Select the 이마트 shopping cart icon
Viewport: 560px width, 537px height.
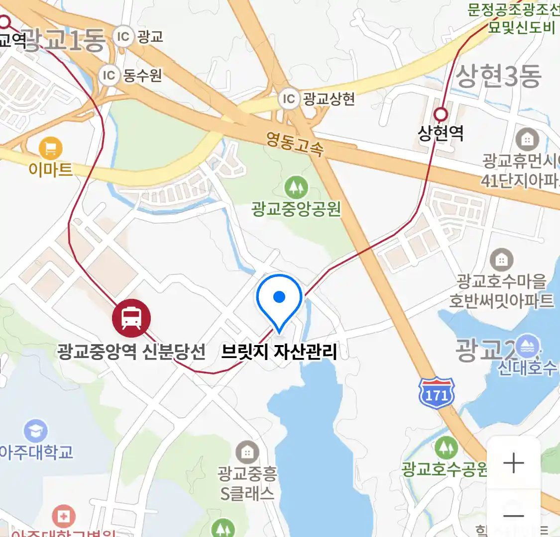(x=50, y=148)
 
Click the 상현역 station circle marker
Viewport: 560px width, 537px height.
(x=441, y=115)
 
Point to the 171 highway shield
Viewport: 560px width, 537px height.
(x=437, y=393)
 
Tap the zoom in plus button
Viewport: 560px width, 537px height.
(x=513, y=463)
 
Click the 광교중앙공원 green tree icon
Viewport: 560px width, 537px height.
(x=296, y=188)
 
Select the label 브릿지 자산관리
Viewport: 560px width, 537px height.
(x=279, y=352)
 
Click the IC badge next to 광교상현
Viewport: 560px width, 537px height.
(x=289, y=99)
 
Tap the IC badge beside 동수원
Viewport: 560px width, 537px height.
(x=109, y=76)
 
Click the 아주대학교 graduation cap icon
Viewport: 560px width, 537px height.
(x=35, y=431)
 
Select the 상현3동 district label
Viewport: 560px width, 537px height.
(x=498, y=77)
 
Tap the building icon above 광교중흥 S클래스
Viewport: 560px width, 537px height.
(x=247, y=452)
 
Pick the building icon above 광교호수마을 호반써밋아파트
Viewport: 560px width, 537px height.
(x=501, y=260)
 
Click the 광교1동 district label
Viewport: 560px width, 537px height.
(x=65, y=40)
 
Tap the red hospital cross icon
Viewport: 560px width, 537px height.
(x=63, y=517)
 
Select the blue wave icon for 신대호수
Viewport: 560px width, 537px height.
(x=527, y=347)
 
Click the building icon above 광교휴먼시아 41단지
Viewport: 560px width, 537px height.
(x=527, y=140)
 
